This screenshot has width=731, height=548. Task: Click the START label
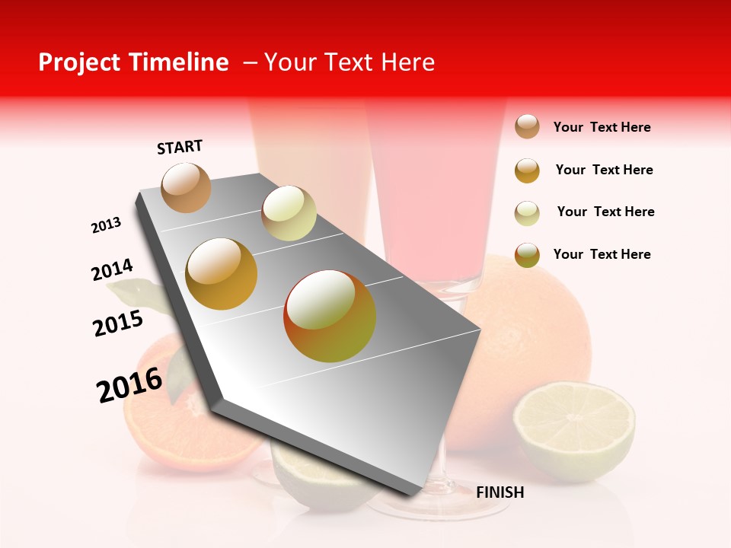click(180, 147)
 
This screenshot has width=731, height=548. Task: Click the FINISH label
click(500, 492)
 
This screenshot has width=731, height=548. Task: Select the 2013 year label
click(106, 225)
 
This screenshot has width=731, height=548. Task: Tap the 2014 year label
click(112, 270)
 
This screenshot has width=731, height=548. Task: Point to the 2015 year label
click(118, 323)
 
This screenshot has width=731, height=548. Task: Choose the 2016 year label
click(129, 384)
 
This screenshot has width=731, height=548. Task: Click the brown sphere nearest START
click(186, 187)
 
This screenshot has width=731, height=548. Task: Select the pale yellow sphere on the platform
click(289, 213)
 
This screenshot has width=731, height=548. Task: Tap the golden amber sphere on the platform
click(222, 274)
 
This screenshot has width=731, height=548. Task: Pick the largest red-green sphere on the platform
click(330, 316)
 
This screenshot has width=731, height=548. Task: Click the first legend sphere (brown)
click(527, 127)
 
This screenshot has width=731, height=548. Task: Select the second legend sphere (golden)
click(527, 170)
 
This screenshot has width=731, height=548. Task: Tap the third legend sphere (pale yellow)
click(527, 213)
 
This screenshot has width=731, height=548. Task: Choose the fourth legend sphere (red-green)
click(527, 255)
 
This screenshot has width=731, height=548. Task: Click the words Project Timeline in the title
click(133, 62)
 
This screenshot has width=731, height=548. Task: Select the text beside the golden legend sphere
click(604, 170)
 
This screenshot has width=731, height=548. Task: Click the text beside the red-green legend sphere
click(602, 254)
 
